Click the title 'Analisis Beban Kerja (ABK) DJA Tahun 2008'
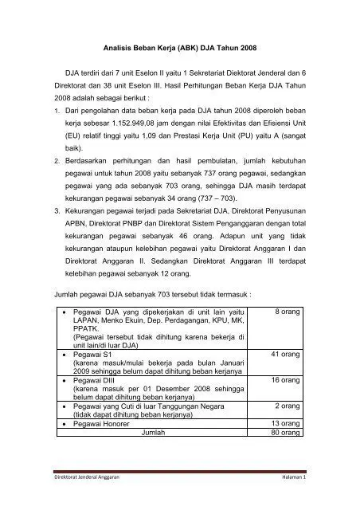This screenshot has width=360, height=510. [179, 49]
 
